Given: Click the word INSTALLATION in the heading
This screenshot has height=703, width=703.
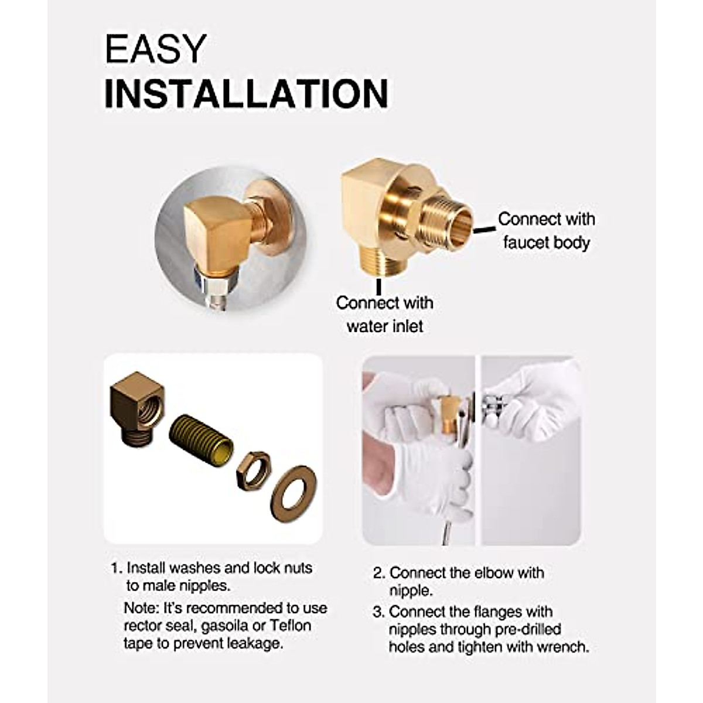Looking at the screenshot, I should point(246,93).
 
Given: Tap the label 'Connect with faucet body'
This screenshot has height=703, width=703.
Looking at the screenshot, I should point(546,230).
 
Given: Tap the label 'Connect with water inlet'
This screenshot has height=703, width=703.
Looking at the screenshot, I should point(384,314).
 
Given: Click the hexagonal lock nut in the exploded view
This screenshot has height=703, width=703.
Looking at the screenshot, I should point(253,470).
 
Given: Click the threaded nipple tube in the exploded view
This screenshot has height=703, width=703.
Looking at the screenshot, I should point(200,439).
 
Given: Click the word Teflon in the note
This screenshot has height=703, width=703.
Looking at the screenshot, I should point(290,625).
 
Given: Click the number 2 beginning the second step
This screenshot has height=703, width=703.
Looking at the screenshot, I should point(378,573).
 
